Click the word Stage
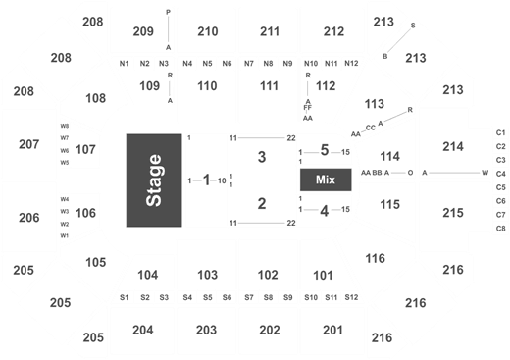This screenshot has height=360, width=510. pyautogui.click(x=154, y=181)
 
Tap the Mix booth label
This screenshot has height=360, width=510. pyautogui.click(x=325, y=180)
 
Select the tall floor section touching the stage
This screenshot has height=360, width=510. pyautogui.click(x=206, y=181)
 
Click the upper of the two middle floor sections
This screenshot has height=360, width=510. pyautogui.click(x=262, y=157)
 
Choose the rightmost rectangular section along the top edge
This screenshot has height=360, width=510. pyautogui.click(x=332, y=28)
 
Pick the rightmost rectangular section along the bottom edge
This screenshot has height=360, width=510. pyautogui.click(x=332, y=332)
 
